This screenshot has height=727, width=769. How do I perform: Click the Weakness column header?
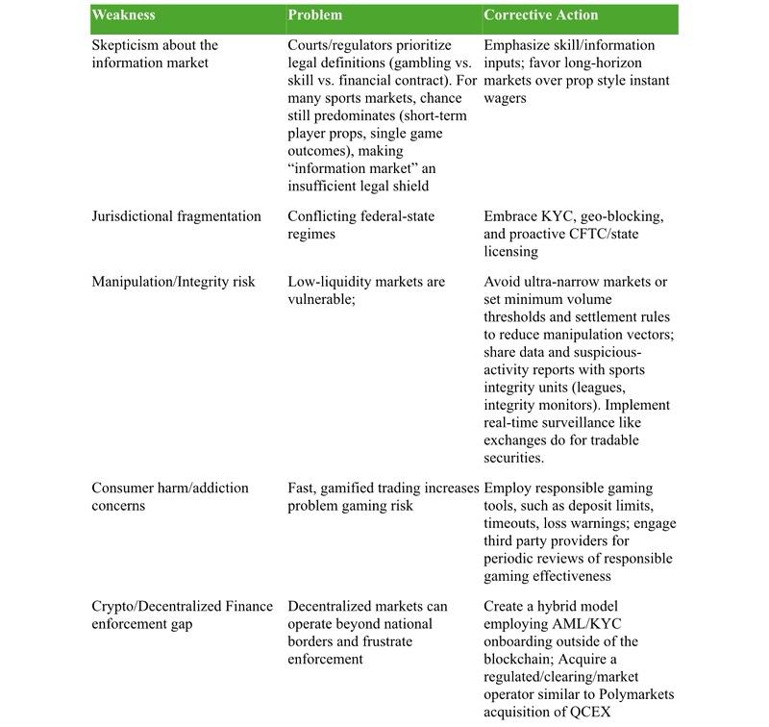point(124,15)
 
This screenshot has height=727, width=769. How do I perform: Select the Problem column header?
point(315,15)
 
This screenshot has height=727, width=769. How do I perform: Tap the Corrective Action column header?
point(541,15)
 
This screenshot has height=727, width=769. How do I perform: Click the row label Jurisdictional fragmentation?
point(176,216)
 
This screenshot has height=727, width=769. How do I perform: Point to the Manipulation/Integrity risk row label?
point(174,282)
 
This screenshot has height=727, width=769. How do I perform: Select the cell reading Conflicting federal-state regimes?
point(360,225)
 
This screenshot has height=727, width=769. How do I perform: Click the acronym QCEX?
point(592,712)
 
